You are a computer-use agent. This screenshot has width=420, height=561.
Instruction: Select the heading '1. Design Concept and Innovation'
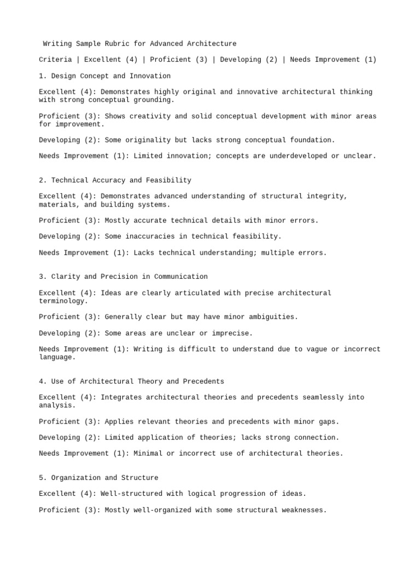(x=104, y=76)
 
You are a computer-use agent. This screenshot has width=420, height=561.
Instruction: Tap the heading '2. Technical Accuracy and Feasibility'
(x=115, y=180)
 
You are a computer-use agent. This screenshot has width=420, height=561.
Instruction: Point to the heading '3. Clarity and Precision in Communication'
(x=123, y=277)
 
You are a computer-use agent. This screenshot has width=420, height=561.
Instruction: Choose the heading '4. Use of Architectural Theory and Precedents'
(x=131, y=381)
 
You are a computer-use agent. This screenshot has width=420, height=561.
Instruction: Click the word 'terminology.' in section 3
(x=63, y=301)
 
